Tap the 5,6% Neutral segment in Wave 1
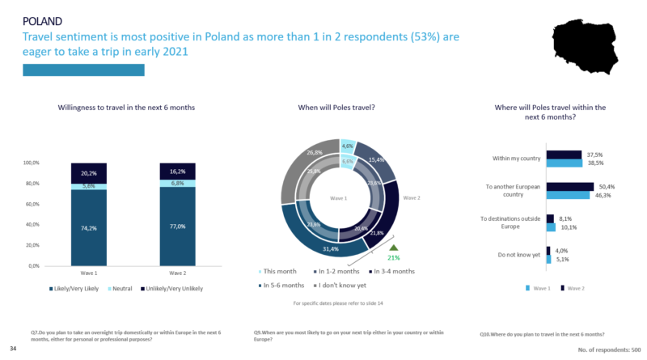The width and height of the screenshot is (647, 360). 99,185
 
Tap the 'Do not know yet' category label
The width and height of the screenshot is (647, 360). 518,256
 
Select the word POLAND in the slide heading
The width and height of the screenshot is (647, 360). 42,19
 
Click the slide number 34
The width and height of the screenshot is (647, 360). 13,348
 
